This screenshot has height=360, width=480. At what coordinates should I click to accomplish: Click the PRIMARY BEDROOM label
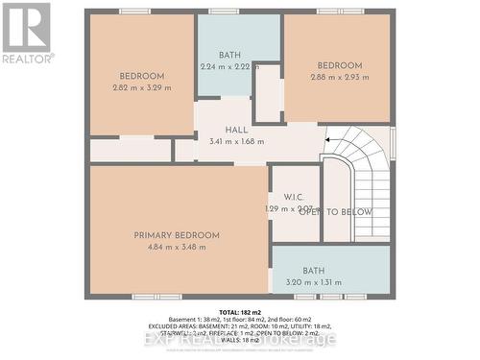pos(177,235)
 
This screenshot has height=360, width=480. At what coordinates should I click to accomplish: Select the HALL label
pos(236,130)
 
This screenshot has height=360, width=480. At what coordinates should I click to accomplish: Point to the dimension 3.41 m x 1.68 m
pos(236,142)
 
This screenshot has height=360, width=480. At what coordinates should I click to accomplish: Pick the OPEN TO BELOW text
pos(336,212)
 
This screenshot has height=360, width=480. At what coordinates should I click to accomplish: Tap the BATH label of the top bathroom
pos(229,55)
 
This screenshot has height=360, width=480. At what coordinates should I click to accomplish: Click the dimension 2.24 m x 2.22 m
pos(229,67)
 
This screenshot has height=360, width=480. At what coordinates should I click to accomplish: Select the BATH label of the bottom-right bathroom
pos(314,271)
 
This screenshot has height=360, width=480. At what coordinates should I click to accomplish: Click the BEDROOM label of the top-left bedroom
pos(141,76)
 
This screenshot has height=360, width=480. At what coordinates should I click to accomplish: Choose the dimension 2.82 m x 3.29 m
pos(141,88)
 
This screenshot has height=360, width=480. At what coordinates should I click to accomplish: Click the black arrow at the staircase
pos(329,140)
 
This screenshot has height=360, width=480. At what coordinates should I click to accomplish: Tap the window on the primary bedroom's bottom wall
pos(156,297)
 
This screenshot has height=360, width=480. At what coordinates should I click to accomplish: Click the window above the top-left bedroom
pos(134,11)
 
